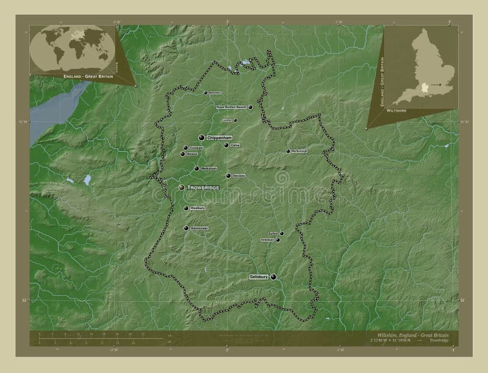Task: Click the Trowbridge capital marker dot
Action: click(x=181, y=188)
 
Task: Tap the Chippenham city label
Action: click(x=221, y=138)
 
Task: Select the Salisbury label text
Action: click(x=259, y=277)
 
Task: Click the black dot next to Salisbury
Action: click(x=273, y=277)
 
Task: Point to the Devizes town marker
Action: click(x=228, y=176)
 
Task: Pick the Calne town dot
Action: click(x=226, y=145)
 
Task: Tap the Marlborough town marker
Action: click(x=289, y=151)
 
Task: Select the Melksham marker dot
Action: click(x=196, y=169)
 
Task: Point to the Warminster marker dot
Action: click(x=186, y=228)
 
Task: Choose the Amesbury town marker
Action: click(x=278, y=240)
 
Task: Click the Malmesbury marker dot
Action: click(x=206, y=93)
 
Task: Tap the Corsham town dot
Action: click(x=185, y=147)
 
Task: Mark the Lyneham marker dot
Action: click(x=235, y=120)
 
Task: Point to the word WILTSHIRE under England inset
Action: click(x=396, y=112)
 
